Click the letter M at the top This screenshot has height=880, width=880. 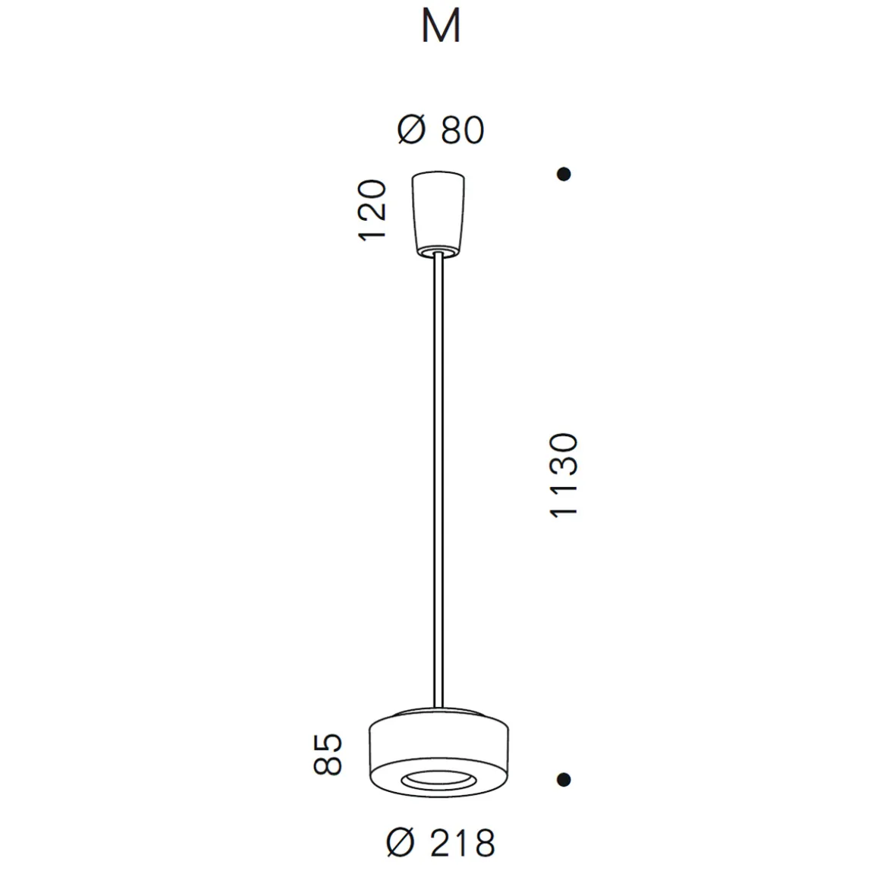[x=441, y=28]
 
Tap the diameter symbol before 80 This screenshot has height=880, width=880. [x=411, y=130]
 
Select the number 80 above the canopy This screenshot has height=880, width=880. [x=461, y=130]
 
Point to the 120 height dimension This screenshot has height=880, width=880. [x=372, y=210]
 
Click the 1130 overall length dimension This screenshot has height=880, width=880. [x=564, y=476]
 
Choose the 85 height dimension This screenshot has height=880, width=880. [x=328, y=754]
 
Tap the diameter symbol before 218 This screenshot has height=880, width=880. [x=401, y=842]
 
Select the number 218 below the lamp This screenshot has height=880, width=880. [x=463, y=842]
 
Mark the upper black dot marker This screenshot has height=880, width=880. [x=564, y=174]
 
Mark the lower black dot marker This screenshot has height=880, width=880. [x=564, y=779]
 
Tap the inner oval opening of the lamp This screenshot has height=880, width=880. [x=438, y=778]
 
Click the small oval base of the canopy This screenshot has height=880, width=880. [x=438, y=250]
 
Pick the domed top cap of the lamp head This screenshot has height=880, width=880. [x=438, y=713]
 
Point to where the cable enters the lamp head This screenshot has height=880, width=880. [x=438, y=706]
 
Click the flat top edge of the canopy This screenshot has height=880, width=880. [x=438, y=176]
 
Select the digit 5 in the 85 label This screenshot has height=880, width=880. [x=328, y=743]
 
